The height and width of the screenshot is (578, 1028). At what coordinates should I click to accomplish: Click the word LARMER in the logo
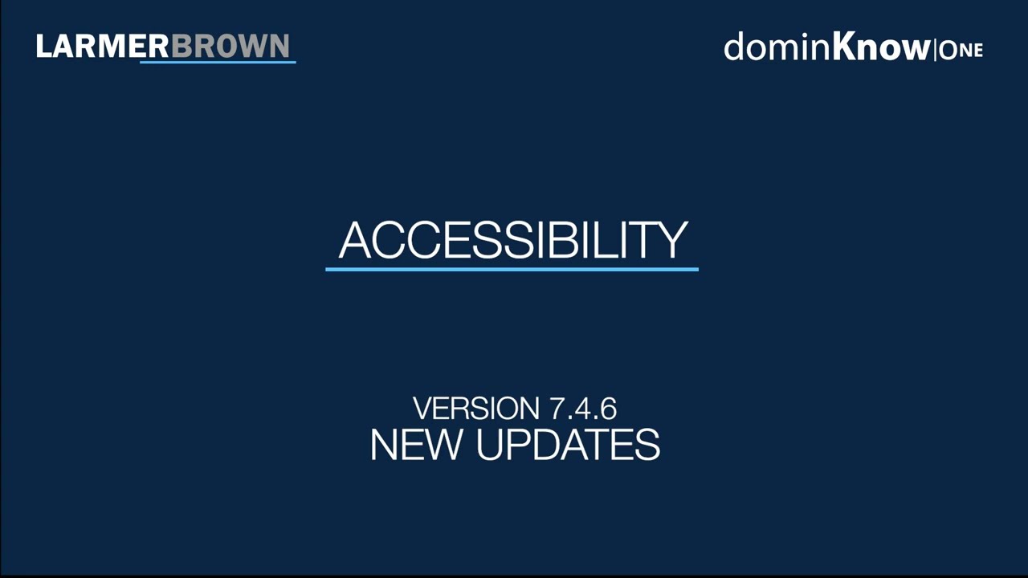103,46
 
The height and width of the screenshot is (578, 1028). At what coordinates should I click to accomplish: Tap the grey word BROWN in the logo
230,46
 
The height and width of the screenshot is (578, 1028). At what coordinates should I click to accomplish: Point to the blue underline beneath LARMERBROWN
218,61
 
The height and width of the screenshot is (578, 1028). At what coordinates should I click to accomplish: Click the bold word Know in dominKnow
880,47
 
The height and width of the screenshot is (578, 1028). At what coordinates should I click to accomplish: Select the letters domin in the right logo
776,47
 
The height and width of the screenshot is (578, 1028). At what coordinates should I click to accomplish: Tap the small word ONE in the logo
961,50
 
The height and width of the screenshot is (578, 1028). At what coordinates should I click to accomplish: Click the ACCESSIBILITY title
512,239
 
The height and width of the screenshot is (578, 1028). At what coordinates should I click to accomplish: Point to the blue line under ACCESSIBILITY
512,269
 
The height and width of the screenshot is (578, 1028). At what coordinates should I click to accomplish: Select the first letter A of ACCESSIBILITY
354,239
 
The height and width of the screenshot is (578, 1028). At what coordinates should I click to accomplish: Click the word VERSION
477,409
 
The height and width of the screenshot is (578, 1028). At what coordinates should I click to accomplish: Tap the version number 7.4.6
583,409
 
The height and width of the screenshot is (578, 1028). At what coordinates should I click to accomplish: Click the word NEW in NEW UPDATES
414,444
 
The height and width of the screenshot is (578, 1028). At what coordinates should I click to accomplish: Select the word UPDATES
568,444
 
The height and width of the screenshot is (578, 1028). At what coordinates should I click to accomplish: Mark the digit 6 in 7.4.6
608,409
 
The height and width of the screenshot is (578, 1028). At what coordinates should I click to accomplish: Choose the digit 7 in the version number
558,409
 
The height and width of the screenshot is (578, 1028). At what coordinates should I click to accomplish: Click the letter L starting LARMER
44,46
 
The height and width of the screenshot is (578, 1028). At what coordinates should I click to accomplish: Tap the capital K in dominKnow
846,47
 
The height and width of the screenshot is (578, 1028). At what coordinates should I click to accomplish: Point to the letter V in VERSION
422,409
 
